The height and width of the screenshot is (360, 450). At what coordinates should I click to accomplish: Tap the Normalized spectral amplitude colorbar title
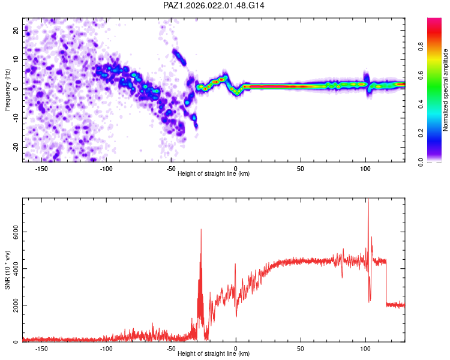(x=445, y=90)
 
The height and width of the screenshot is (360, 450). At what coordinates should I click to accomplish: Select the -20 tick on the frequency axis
(x=16, y=147)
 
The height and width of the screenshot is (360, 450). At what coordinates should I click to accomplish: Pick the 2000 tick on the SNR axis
(x=12, y=305)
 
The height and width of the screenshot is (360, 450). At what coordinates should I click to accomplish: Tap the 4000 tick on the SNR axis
(x=12, y=269)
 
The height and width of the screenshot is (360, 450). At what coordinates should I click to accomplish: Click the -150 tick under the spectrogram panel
(x=41, y=167)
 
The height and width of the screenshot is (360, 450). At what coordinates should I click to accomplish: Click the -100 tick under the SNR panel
(x=106, y=348)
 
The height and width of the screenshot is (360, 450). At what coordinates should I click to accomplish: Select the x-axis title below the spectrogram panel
(x=214, y=173)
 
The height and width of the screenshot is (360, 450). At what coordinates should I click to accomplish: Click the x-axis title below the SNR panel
(x=214, y=354)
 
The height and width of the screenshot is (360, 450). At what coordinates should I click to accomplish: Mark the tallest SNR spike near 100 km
(x=368, y=201)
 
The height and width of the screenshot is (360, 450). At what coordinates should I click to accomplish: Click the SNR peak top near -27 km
(x=201, y=230)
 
